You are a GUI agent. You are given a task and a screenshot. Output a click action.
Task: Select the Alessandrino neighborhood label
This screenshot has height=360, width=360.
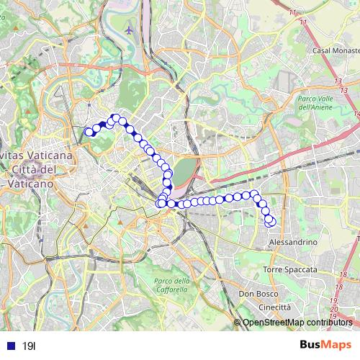pos(292,243)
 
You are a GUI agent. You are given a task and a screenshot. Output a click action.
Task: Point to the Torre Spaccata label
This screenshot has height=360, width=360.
pos(290,269)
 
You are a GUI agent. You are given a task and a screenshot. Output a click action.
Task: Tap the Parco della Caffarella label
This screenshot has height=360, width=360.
pos(172,284)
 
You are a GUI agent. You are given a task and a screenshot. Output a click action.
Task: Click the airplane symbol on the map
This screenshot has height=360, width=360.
pos(129,30)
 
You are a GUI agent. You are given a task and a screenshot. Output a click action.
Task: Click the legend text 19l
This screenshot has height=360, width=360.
pos(29,346)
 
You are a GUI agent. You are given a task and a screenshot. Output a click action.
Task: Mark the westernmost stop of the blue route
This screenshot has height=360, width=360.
pos(89,132)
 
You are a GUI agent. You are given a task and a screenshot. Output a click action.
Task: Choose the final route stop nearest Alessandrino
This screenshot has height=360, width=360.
pos(271,222)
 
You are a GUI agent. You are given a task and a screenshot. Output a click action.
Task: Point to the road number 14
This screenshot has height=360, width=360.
pos(356,113)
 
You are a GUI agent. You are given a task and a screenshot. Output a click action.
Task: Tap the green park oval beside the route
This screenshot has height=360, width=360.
pos(184,171)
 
